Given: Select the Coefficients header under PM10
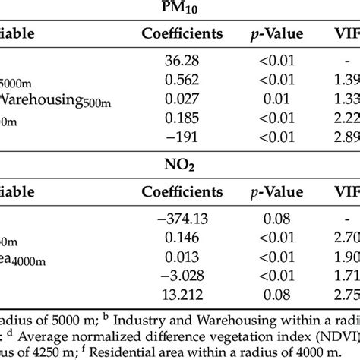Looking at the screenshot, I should click(x=182, y=33).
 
